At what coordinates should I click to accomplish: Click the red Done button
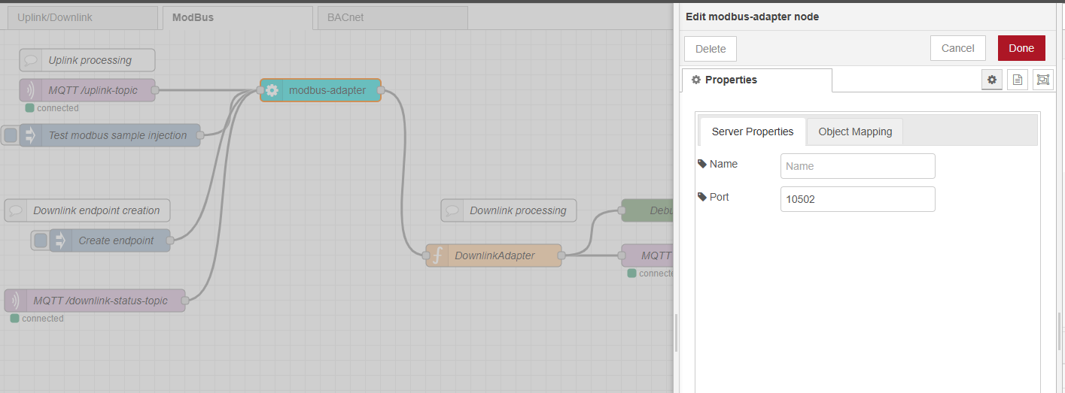tap(1021, 48)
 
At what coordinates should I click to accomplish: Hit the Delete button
tap(710, 49)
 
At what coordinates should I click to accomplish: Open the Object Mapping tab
tap(854, 132)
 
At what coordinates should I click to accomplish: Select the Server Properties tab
tap(752, 132)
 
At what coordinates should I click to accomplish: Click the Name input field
tap(857, 166)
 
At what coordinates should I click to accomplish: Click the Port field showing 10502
tap(857, 199)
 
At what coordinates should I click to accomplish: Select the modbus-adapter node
tap(327, 90)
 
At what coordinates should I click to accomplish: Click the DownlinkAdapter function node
tap(494, 255)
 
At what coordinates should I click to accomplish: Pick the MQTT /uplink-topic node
tap(93, 90)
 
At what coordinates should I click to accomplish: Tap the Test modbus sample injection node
tap(117, 135)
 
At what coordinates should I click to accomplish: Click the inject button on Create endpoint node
tap(41, 240)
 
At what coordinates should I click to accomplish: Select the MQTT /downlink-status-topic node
tap(100, 301)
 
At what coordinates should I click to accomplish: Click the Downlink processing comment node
tap(517, 210)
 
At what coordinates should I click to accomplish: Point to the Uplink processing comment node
tap(90, 60)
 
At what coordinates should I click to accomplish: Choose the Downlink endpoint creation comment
tap(96, 210)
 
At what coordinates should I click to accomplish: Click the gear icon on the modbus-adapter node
tap(272, 90)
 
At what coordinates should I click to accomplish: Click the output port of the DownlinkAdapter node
tap(561, 255)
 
